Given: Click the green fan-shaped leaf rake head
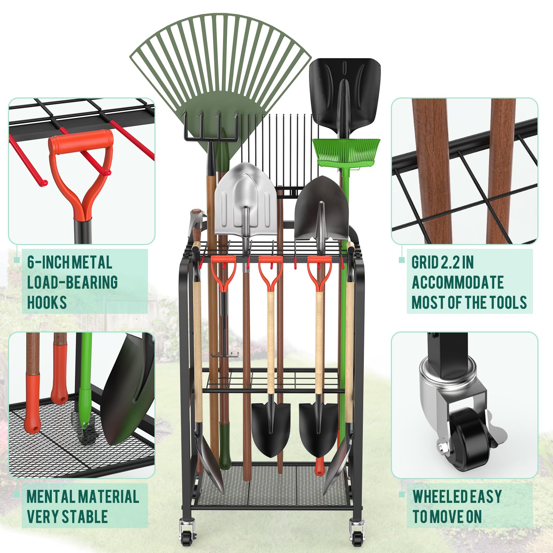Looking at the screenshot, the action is tap(221, 69).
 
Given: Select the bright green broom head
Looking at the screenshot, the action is tap(346, 151).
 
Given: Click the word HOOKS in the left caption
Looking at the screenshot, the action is tap(47, 302).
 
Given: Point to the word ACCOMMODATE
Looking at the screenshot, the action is tap(458, 282).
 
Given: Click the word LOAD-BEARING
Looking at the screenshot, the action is tap(73, 282).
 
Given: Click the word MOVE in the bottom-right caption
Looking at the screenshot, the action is tap(447, 516).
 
